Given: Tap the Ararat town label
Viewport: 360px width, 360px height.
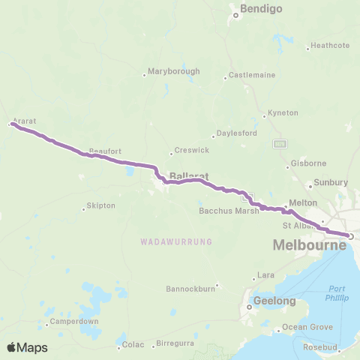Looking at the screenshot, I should point(24,120).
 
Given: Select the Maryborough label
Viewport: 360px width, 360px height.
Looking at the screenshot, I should point(174,71).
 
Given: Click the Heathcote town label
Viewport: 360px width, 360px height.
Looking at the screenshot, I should point(330,45).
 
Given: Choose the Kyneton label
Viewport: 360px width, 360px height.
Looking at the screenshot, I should point(283,112).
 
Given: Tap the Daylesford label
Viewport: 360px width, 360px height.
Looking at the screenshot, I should point(236,133).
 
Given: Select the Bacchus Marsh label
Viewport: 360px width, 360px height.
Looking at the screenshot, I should point(229,211).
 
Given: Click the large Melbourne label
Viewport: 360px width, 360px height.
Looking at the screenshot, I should point(309,245).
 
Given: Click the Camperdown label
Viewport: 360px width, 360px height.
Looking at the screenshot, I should point(71,322).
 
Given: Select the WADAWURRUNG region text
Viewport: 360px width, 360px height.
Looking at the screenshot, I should point(176,241).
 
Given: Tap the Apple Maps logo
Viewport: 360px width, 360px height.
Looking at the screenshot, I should point(27,346).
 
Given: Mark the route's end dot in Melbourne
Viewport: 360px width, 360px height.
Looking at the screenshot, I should point(351,237).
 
